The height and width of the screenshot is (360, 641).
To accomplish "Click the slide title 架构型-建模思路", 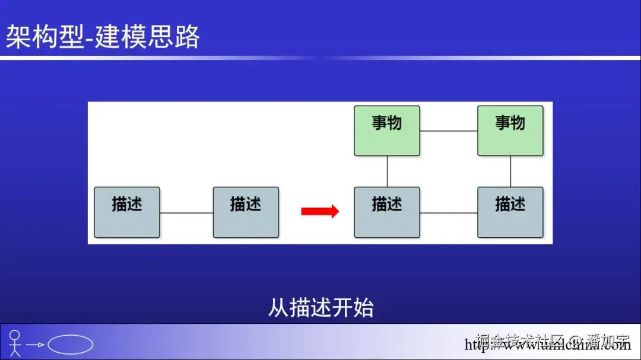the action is tap(103, 37).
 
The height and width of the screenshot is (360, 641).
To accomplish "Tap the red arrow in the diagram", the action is tap(320, 211).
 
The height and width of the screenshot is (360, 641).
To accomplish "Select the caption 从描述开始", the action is tap(320, 308).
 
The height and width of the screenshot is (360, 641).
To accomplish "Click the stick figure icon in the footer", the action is tap(15, 343).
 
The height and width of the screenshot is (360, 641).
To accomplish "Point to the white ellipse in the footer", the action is tap(70, 345).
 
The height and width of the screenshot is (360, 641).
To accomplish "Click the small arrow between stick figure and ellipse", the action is tap(36, 345).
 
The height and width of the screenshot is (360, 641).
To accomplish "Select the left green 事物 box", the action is tap(387, 130).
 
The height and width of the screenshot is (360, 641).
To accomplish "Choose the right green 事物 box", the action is tap(510, 130).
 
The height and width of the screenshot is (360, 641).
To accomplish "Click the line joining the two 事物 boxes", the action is tap(449, 130).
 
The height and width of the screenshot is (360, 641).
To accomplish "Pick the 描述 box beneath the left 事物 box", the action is tap(387, 212).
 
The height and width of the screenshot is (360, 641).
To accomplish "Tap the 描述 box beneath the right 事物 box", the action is tap(510, 212).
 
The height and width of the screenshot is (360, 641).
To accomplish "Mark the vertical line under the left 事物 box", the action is tap(387, 171).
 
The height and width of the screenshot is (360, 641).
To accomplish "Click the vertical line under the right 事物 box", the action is tap(510, 171).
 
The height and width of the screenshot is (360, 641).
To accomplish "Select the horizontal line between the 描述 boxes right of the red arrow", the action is tap(449, 212).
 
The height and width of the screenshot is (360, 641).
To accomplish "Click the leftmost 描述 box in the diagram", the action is tap(127, 212).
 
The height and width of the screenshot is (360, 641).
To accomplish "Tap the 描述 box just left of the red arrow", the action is tap(246, 212).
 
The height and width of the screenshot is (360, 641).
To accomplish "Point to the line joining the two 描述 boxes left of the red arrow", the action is tap(186, 212).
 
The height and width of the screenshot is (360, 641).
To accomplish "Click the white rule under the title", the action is tap(320, 58).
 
